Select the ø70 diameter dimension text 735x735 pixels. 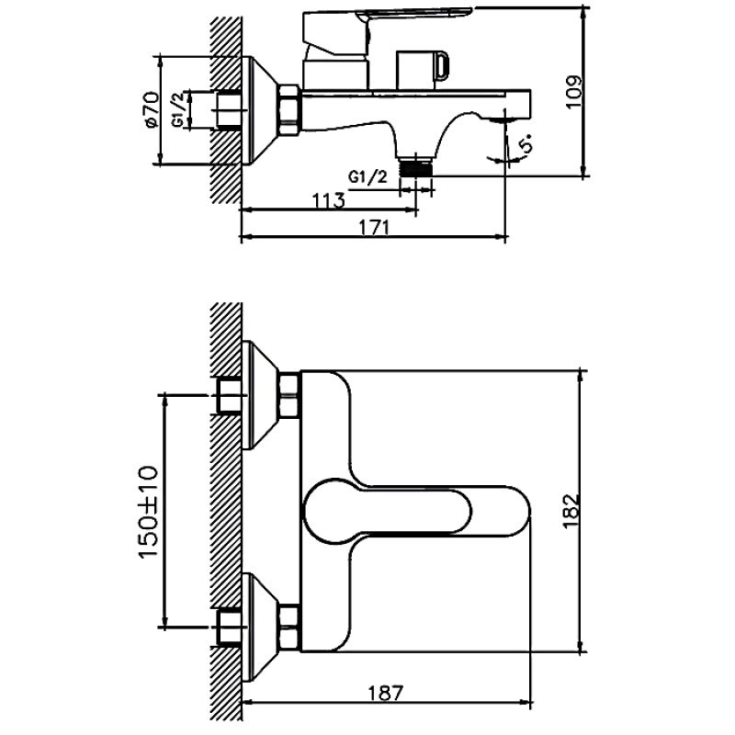coord(151,109)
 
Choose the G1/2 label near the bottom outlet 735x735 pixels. coord(365,175)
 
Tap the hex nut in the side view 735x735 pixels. coord(288,109)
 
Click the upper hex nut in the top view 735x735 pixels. coord(289,392)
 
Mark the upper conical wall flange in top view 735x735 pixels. coord(260,393)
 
